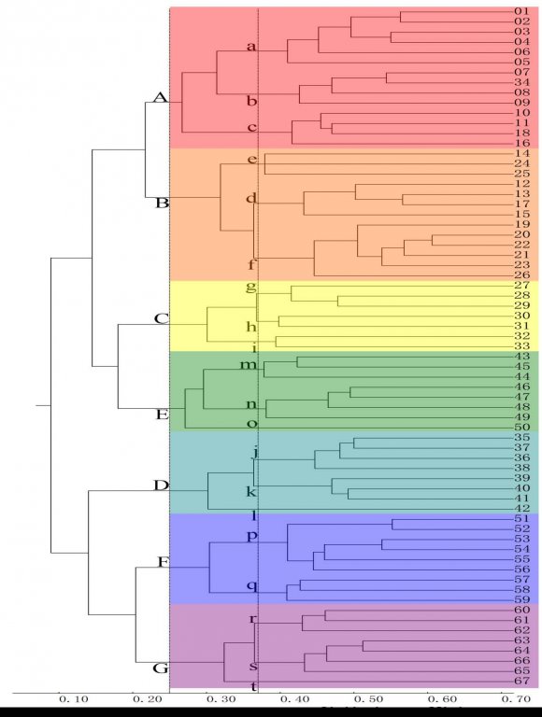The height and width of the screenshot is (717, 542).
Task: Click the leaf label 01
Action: [521, 11]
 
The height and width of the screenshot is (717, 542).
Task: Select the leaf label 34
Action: [521, 82]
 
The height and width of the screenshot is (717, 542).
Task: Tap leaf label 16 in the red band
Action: [521, 143]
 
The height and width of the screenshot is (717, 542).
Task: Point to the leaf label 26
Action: [521, 274]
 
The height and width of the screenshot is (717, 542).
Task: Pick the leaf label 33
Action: [521, 346]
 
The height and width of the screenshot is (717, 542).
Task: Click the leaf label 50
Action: [521, 428]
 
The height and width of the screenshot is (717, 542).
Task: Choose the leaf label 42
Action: [521, 509]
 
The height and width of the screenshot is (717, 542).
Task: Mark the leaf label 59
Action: [521, 599]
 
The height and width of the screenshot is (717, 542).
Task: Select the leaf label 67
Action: [521, 682]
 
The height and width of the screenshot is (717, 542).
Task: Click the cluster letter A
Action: [160, 98]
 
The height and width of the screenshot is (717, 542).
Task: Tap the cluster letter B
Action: [160, 203]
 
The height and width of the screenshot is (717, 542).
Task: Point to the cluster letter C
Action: [160, 319]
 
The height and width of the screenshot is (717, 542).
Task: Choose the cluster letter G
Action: [160, 668]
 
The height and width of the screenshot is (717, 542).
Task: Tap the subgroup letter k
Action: [250, 492]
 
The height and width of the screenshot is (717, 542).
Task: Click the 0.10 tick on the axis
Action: [73, 698]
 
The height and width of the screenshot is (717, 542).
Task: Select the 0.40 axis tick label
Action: [293, 698]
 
